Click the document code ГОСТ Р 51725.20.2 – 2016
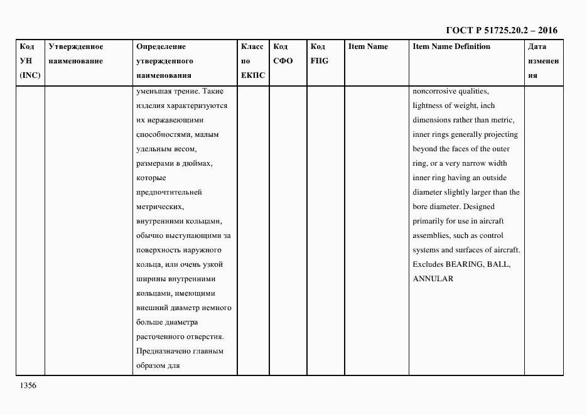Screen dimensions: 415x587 coord(501,30)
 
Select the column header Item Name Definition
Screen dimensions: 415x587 coord(451,46)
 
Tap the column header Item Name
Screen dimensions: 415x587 coord(368,46)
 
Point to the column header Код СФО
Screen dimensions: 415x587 coord(283,54)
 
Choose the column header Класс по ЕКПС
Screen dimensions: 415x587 coord(253,61)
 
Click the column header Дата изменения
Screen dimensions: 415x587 coord(542,61)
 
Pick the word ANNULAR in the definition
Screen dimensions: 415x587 coord(433,279)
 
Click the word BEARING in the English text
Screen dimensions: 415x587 coord(462,264)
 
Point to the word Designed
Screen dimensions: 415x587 coord(479,207)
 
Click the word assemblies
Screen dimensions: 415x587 coord(430,235)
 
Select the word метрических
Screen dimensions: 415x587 coord(159,207)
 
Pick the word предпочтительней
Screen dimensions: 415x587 coord(168,192)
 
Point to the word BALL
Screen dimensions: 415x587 coord(499,264)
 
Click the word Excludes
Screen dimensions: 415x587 coord(428,264)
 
